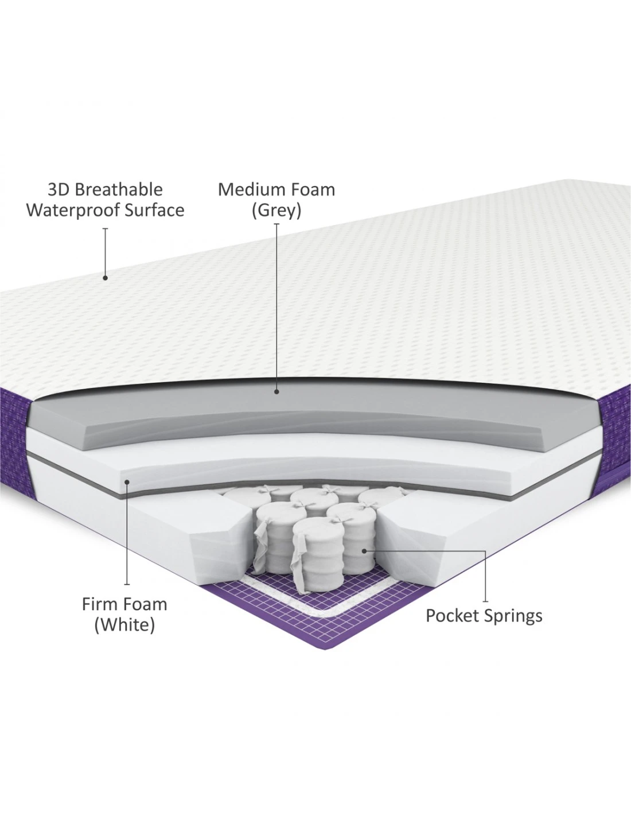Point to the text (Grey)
coord(276,211)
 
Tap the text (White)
coord(124,625)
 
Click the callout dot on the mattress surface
coord(106,278)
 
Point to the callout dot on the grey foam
coord(276,392)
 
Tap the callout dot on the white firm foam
coord(127,482)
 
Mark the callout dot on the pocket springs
coord(364,551)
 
